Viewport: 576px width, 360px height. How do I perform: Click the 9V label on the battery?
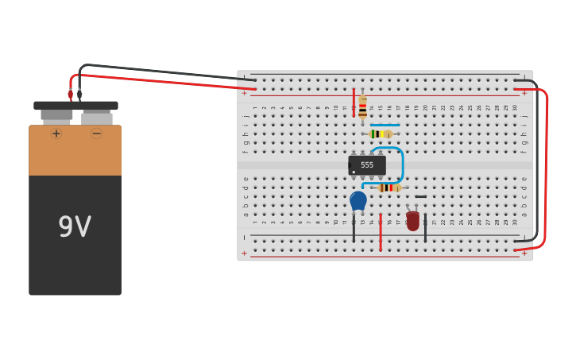75,227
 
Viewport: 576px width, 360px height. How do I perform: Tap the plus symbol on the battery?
56,134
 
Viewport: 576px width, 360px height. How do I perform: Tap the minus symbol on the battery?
97,134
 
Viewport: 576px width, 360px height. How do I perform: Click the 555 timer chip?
367,165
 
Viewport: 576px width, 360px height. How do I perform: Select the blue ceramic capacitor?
358,200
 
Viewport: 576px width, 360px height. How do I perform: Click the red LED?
412,220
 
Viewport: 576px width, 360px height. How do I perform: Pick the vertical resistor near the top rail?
362,107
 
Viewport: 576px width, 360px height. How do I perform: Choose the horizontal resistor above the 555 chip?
381,134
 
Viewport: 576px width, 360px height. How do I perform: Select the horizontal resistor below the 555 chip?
389,188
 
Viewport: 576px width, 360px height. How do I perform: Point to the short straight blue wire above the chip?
385,125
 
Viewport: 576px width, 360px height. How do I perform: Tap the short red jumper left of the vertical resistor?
354,103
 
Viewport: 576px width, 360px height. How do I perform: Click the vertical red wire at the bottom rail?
381,232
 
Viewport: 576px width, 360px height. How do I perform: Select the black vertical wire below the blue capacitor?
354,229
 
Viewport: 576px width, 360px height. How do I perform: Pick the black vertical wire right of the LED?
425,229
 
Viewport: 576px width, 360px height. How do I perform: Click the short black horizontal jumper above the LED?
420,196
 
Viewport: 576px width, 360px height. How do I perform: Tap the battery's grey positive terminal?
56,115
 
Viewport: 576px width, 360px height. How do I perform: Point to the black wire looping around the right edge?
536,159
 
